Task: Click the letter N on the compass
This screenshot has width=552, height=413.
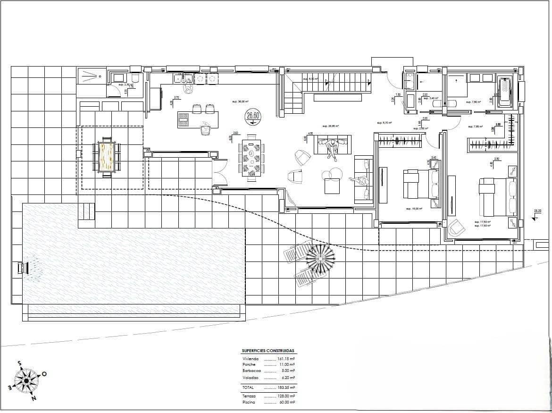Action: pyautogui.click(x=33, y=398)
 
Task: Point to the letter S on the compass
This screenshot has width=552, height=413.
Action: pyautogui.click(x=19, y=363)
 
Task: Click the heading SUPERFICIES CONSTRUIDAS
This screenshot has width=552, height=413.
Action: pyautogui.click(x=268, y=351)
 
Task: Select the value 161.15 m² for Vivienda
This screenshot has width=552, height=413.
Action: pyautogui.click(x=286, y=359)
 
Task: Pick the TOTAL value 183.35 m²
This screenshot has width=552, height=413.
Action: pyautogui.click(x=286, y=387)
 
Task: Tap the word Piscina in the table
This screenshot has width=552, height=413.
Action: pyautogui.click(x=249, y=403)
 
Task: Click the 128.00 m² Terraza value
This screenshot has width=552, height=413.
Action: pyautogui.click(x=286, y=396)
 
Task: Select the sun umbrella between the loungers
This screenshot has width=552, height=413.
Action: pyautogui.click(x=320, y=259)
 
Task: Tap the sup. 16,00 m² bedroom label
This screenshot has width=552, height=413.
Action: pyautogui.click(x=413, y=208)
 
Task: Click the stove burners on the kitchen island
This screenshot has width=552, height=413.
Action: pyautogui.click(x=184, y=120)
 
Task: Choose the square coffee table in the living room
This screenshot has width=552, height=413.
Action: pyautogui.click(x=332, y=187)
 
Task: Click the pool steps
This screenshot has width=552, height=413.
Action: pyautogui.click(x=86, y=211)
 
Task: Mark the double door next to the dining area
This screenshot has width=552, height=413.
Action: pyautogui.click(x=220, y=173)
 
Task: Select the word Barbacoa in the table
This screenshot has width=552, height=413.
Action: pyautogui.click(x=251, y=371)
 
